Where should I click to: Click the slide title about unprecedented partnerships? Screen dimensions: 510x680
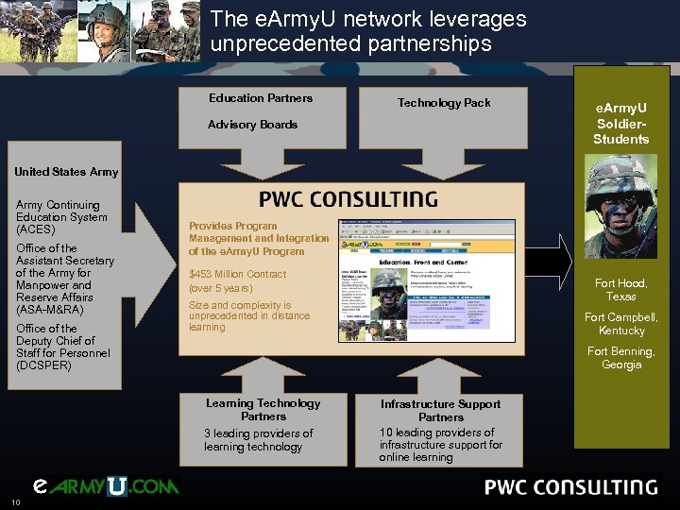tap(368, 31)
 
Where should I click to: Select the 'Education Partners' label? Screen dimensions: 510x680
tap(261, 98)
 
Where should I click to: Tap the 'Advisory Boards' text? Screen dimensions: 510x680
tap(252, 125)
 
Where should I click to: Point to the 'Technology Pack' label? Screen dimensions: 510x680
tap(444, 103)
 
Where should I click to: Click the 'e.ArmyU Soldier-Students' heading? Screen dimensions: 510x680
tap(620, 125)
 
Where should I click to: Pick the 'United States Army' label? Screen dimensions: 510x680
tap(66, 172)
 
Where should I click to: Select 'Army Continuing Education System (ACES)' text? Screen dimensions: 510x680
tap(61, 217)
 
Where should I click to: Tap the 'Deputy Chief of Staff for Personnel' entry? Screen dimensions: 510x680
tap(63, 347)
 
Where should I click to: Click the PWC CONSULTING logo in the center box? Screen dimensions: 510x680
tap(348, 200)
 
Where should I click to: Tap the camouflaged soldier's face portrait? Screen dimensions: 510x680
tap(620, 207)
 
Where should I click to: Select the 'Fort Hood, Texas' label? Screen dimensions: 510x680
tap(620, 289)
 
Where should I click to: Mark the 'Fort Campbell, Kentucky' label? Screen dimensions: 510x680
tap(620, 324)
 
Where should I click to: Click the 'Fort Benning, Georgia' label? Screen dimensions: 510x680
tap(620, 358)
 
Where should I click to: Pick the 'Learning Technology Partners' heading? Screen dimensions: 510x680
tap(263, 410)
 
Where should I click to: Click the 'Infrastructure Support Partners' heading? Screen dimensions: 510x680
tap(440, 410)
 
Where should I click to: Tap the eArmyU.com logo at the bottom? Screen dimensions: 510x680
tap(104, 487)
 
